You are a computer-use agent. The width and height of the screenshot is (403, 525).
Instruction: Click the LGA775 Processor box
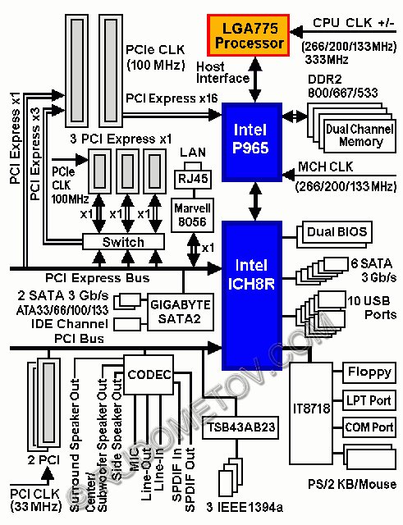coord(248,35)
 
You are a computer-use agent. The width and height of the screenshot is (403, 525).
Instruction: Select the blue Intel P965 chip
coord(252,142)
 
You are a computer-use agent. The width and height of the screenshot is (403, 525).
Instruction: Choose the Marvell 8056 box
coord(192,215)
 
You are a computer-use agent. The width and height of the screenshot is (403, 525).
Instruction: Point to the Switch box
coord(123,241)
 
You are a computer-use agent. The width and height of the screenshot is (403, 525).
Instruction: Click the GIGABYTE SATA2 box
coord(181,312)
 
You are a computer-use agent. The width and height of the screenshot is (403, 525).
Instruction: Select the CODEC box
coord(149,375)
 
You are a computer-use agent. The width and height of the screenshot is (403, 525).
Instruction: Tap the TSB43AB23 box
coord(240,427)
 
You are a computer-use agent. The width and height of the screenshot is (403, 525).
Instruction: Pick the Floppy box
coord(369,372)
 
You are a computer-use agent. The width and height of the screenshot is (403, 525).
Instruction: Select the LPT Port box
coord(369,400)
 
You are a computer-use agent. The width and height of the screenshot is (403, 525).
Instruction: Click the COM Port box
coord(369,427)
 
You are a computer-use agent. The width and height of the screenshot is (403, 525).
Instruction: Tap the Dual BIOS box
coord(337,232)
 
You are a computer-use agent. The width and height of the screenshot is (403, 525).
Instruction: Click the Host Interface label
coord(222,72)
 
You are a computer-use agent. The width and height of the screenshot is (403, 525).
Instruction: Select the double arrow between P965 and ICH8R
coord(255,201)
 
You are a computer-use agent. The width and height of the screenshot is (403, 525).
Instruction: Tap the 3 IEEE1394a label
coord(245,508)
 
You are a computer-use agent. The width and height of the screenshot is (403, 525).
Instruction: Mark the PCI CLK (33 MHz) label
coord(35,500)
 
